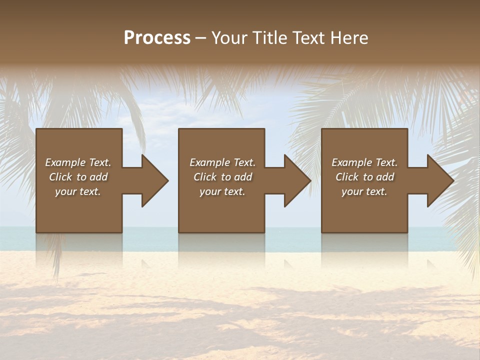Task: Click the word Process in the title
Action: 157,38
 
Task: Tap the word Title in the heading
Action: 269,38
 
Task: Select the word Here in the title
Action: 349,38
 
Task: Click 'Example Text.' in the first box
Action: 78,162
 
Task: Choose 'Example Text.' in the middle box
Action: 222,162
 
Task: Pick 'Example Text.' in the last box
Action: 364,162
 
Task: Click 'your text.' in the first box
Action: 78,191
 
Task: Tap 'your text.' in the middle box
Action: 222,191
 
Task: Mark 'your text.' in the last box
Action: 364,191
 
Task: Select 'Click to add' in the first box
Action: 78,177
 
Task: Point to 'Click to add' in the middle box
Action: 222,177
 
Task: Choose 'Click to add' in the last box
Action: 364,177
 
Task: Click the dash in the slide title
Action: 200,38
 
